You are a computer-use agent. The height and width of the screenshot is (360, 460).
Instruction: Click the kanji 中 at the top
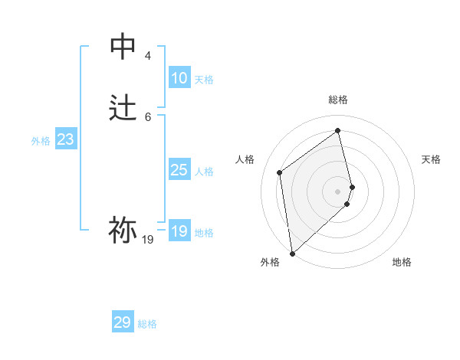click(123, 47)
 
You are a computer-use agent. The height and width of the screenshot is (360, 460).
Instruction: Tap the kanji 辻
click(123, 108)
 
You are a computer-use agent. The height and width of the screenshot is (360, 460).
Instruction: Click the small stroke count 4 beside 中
click(148, 56)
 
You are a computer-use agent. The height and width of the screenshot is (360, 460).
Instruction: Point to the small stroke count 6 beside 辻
click(148, 116)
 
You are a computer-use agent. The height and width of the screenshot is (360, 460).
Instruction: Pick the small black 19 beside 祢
click(148, 240)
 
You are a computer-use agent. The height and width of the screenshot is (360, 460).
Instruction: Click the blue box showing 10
click(179, 78)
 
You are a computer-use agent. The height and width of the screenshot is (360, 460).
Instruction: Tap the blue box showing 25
click(179, 170)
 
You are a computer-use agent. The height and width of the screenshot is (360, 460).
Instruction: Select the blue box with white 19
click(179, 231)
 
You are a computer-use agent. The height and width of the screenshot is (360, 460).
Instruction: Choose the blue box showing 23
click(65, 139)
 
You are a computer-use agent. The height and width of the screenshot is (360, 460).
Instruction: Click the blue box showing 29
click(123, 322)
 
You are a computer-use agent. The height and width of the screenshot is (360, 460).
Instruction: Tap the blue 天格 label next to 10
click(204, 80)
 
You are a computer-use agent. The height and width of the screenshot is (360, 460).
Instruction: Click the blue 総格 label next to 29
click(147, 324)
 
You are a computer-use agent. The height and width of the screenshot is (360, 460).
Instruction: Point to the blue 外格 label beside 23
click(41, 141)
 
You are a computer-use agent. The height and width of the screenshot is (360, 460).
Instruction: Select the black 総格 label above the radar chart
click(338, 100)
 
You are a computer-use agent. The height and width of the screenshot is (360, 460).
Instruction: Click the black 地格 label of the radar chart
click(402, 262)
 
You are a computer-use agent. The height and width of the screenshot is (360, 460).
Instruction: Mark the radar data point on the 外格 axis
click(292, 253)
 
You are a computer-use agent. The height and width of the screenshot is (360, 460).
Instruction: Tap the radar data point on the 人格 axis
click(280, 172)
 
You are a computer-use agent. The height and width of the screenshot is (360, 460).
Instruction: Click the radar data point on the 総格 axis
click(338, 131)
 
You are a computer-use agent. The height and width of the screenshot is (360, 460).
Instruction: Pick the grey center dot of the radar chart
click(338, 191)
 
